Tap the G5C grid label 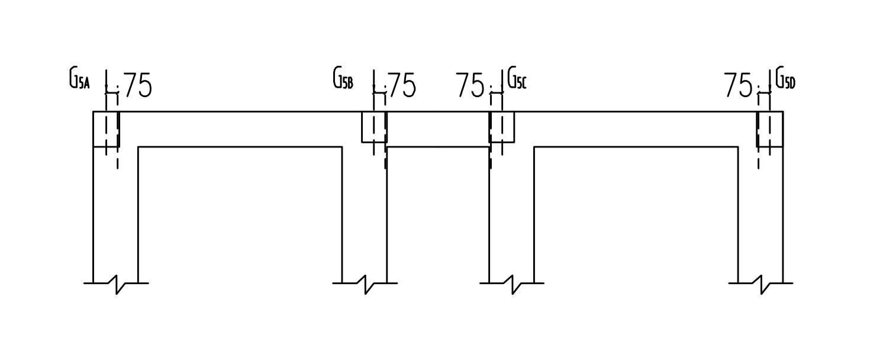[x=517, y=78]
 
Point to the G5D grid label [x=785, y=78]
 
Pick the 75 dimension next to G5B [x=402, y=85]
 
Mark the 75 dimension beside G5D [x=739, y=85]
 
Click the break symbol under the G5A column [x=116, y=284]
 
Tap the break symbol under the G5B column [x=365, y=284]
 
